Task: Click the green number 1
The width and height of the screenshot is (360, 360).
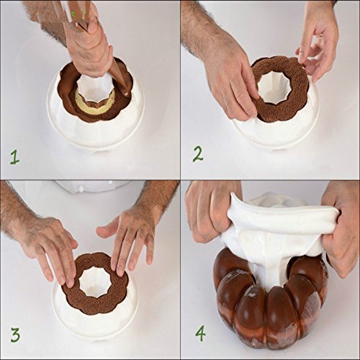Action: (14, 158)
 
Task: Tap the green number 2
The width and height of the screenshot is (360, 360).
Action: (198, 155)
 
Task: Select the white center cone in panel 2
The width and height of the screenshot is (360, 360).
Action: (274, 89)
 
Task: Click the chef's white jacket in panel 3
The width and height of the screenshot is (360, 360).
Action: (94, 186)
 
